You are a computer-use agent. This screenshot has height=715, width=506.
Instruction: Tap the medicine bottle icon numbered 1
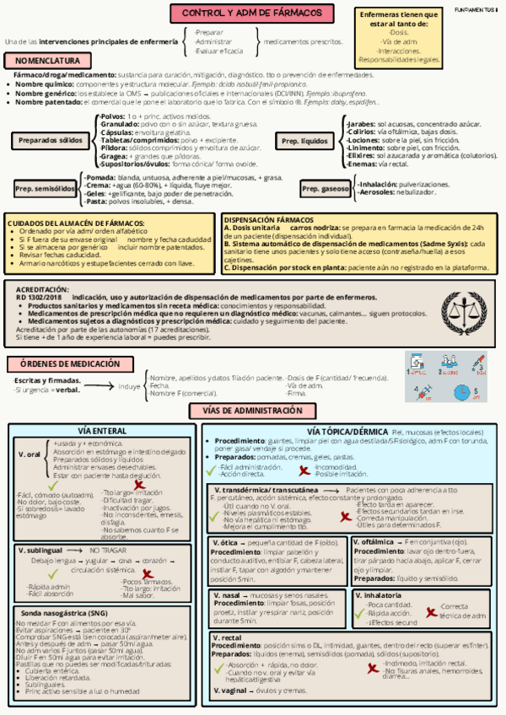(417, 362)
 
